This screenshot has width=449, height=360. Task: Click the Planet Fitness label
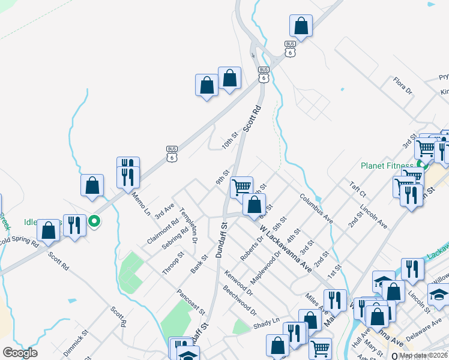click(388, 166)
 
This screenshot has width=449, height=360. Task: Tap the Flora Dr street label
click(402, 85)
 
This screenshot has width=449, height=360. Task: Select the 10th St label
click(229, 141)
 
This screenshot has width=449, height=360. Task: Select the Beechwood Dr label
click(239, 304)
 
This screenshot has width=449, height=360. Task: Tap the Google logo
click(20, 353)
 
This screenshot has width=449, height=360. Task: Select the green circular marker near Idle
click(94, 222)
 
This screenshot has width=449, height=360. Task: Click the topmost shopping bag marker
click(301, 26)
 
